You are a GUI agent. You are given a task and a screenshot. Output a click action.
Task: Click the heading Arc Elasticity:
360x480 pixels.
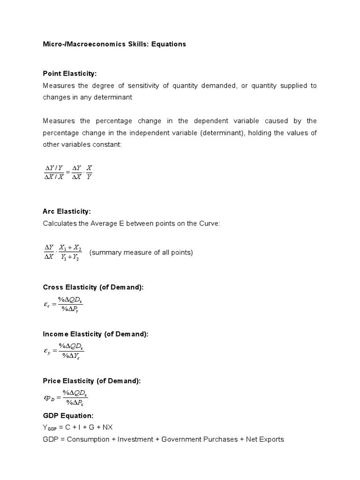click(67, 211)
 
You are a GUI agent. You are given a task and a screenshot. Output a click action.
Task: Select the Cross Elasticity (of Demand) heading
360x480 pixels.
click(93, 287)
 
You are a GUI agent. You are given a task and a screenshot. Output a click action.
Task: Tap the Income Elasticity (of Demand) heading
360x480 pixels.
click(96, 334)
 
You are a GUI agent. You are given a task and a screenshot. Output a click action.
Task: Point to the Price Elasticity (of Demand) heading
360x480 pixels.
click(91, 381)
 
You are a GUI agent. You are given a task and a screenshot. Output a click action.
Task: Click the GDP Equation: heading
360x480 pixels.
click(68, 415)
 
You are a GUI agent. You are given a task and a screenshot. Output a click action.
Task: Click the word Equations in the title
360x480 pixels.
click(168, 44)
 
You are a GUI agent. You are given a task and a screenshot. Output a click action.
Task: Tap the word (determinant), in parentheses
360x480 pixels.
click(221, 133)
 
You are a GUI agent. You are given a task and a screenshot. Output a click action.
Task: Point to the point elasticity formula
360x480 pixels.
click(68, 172)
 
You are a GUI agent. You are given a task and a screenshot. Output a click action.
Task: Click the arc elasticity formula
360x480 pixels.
click(63, 252)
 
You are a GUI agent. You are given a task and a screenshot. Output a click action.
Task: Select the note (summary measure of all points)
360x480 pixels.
click(141, 252)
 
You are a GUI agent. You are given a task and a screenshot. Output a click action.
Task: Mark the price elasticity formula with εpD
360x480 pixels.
click(66, 398)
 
